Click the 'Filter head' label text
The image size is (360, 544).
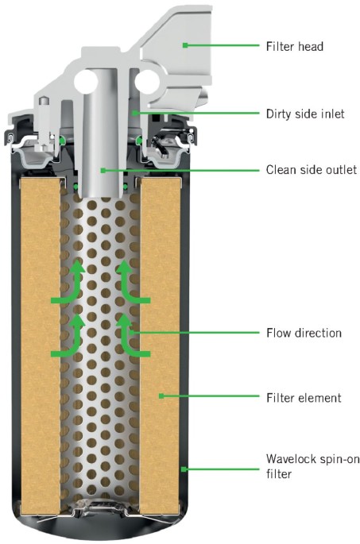click(294, 46)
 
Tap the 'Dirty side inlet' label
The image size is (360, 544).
click(305, 114)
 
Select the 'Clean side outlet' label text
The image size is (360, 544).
click(311, 170)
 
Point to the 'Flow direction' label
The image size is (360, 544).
click(304, 333)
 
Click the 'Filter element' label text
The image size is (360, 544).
click(304, 398)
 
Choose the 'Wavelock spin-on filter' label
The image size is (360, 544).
click(313, 466)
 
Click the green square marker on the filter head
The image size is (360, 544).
click(185, 45)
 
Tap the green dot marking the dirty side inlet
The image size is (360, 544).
click(134, 113)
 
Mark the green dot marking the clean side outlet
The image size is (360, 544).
click(103, 170)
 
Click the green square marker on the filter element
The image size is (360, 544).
click(161, 395)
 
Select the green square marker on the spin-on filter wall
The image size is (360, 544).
click(184, 469)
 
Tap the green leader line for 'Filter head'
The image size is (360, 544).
click(223, 45)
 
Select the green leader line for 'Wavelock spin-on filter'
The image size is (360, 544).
click(223, 469)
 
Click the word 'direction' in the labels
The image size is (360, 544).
click(318, 333)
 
